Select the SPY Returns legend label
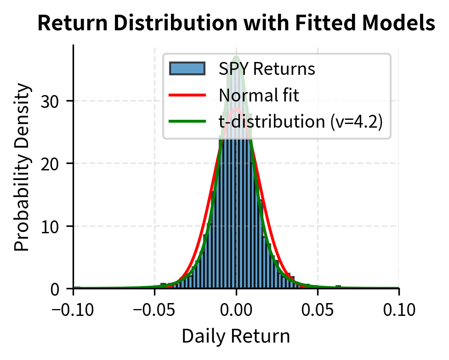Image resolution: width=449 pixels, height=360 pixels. [x=267, y=69]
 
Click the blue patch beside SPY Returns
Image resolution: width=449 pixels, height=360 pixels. [x=187, y=69]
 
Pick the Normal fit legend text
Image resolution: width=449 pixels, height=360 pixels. [x=259, y=96]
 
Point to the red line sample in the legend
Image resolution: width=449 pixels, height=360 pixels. [x=187, y=96]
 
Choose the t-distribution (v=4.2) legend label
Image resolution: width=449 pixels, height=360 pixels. [x=301, y=122]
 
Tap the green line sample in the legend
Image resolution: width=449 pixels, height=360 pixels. [x=187, y=122]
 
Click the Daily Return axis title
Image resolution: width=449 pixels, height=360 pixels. [x=236, y=336]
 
